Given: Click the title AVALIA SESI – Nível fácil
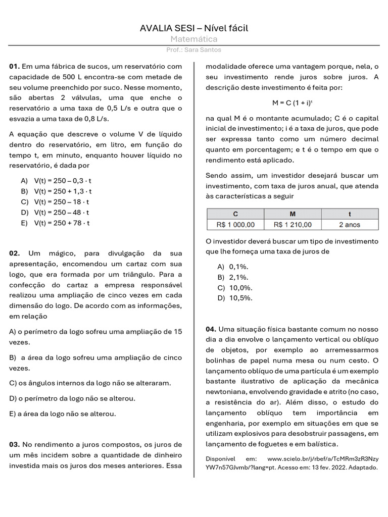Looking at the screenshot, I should point(194,28).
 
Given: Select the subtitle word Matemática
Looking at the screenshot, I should point(194,39).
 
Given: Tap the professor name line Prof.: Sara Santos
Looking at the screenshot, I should point(193,50).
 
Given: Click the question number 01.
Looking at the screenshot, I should point(14,66).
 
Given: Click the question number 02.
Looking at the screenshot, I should point(15,253).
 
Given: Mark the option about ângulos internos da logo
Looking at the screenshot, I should point(90,383).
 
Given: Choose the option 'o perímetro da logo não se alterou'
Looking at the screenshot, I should point(72,398).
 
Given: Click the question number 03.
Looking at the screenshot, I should point(15,445).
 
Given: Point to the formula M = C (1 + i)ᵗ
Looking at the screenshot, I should point(292,102).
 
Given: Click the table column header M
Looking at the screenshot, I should point(293,214).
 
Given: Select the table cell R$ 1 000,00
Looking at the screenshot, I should point(236,225).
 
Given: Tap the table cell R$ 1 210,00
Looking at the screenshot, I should point(293,225).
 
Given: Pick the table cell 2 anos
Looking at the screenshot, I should point(350,225).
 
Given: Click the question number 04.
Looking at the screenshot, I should point(211,329).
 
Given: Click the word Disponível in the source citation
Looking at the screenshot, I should point(221,459).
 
